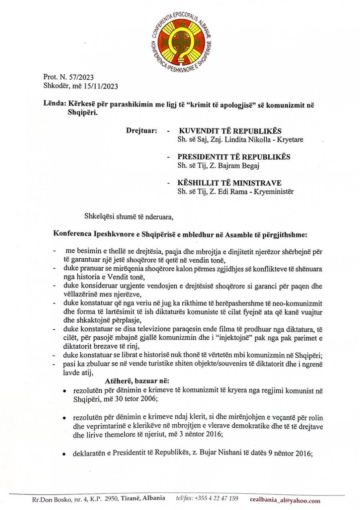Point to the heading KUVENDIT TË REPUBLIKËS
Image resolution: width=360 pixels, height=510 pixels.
click(230, 131)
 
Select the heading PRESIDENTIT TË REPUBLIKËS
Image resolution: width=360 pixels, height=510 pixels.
click(234, 157)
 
